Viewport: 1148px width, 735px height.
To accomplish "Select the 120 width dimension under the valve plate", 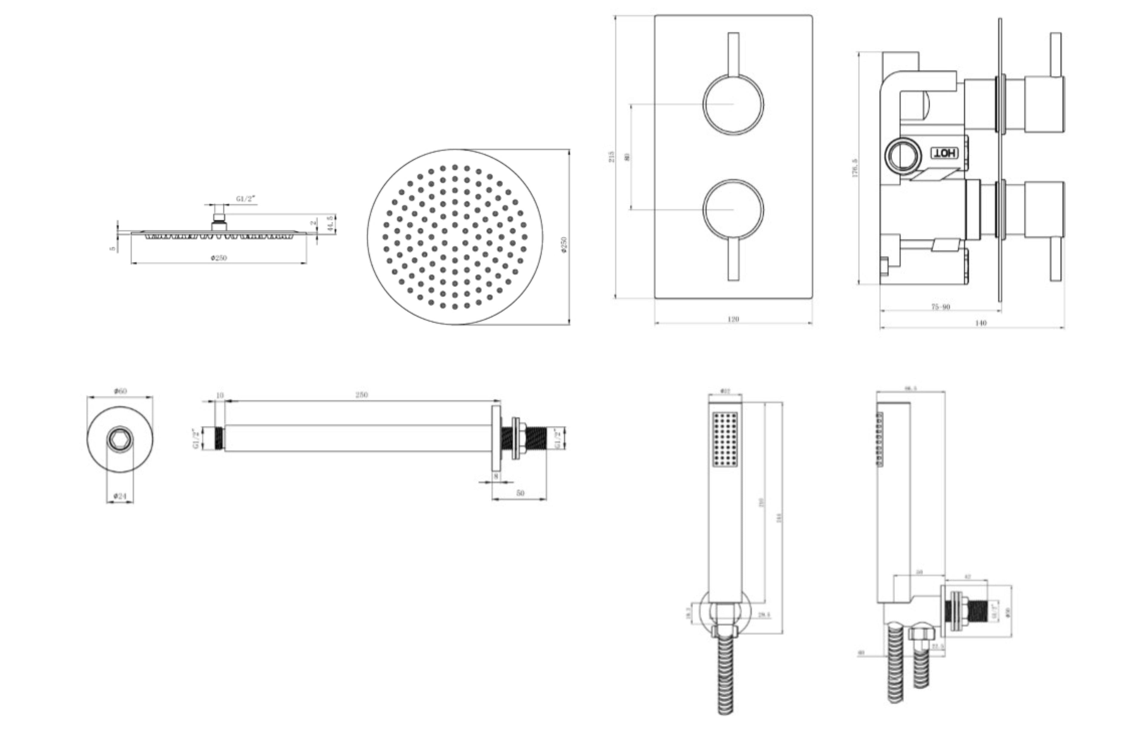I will tap(733, 319).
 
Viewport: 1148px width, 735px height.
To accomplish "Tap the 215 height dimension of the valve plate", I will tap(612, 157).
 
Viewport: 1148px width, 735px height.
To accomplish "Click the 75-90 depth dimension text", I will tap(941, 306).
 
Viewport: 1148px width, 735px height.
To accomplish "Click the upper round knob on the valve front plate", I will tap(733, 104).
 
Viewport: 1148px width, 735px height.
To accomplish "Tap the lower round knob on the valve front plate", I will tap(733, 209).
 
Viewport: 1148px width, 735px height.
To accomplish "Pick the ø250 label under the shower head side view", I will tap(219, 258).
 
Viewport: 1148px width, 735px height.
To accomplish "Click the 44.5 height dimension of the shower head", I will tap(329, 223).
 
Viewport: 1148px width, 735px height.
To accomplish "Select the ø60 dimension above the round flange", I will tap(120, 391).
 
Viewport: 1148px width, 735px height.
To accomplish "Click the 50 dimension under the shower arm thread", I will tap(520, 493).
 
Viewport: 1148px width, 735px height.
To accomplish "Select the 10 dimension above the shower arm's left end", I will tap(220, 395).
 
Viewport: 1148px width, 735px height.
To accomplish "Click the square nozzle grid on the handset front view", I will tap(725, 439).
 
